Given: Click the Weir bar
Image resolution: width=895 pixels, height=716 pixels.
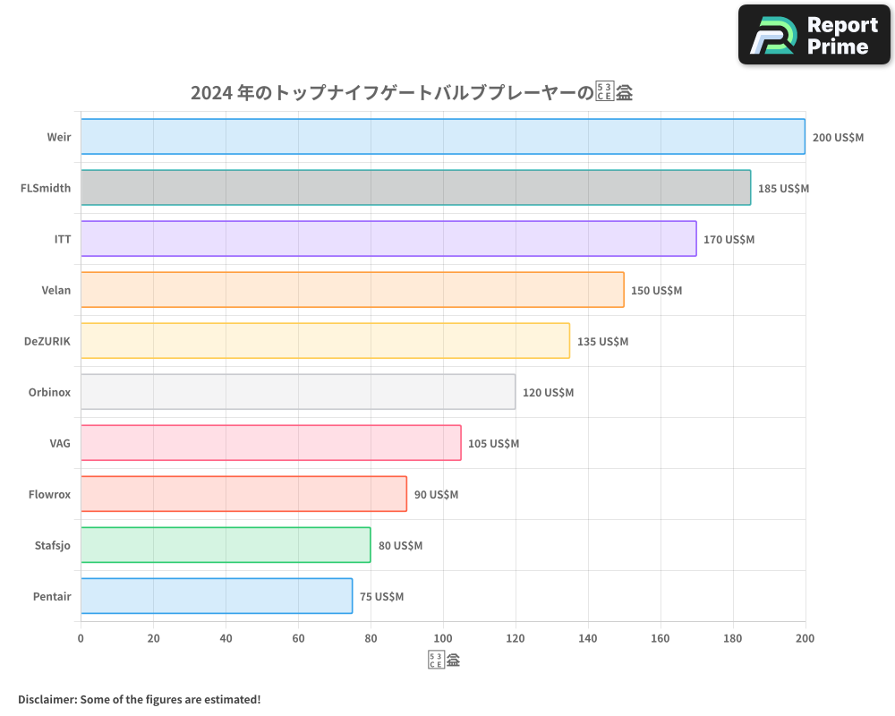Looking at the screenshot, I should pos(443,137).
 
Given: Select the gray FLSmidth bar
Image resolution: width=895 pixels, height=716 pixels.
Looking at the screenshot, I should pos(415,188).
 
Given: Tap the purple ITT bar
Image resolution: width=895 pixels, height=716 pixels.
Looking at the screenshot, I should pos(388,239).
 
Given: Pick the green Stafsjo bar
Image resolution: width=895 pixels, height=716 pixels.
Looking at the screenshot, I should pos(226,545).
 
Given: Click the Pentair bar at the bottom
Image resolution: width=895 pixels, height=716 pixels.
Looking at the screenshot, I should pos(217,596).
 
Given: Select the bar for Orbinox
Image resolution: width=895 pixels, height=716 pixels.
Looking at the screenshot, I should pos(298,392).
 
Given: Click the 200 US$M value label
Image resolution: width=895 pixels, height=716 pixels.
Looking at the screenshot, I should pos(838,138).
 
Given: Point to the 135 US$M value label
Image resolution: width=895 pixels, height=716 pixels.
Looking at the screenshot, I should pos(602,342).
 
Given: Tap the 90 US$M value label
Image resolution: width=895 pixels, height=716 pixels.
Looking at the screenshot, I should pos(436,495).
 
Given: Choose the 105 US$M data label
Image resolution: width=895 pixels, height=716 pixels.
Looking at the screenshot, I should pos(493,444).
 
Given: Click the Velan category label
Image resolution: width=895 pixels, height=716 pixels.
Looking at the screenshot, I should pos(55,290).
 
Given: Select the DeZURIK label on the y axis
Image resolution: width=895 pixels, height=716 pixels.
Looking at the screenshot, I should pos(47,341).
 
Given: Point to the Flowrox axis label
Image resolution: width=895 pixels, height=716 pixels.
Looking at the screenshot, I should pos(49,494).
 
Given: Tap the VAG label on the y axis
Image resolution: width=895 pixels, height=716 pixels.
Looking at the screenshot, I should pos(60,443).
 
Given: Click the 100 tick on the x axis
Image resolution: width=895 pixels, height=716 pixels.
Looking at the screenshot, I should pos(443,638).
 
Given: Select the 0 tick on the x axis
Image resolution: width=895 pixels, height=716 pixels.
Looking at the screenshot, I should pos(81,638).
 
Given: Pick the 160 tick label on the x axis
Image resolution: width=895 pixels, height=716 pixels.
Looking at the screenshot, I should pos(661,638).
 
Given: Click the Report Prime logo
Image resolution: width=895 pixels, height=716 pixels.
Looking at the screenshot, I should pos(814,35).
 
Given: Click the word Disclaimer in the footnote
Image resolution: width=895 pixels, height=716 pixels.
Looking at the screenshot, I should pos(47,699).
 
